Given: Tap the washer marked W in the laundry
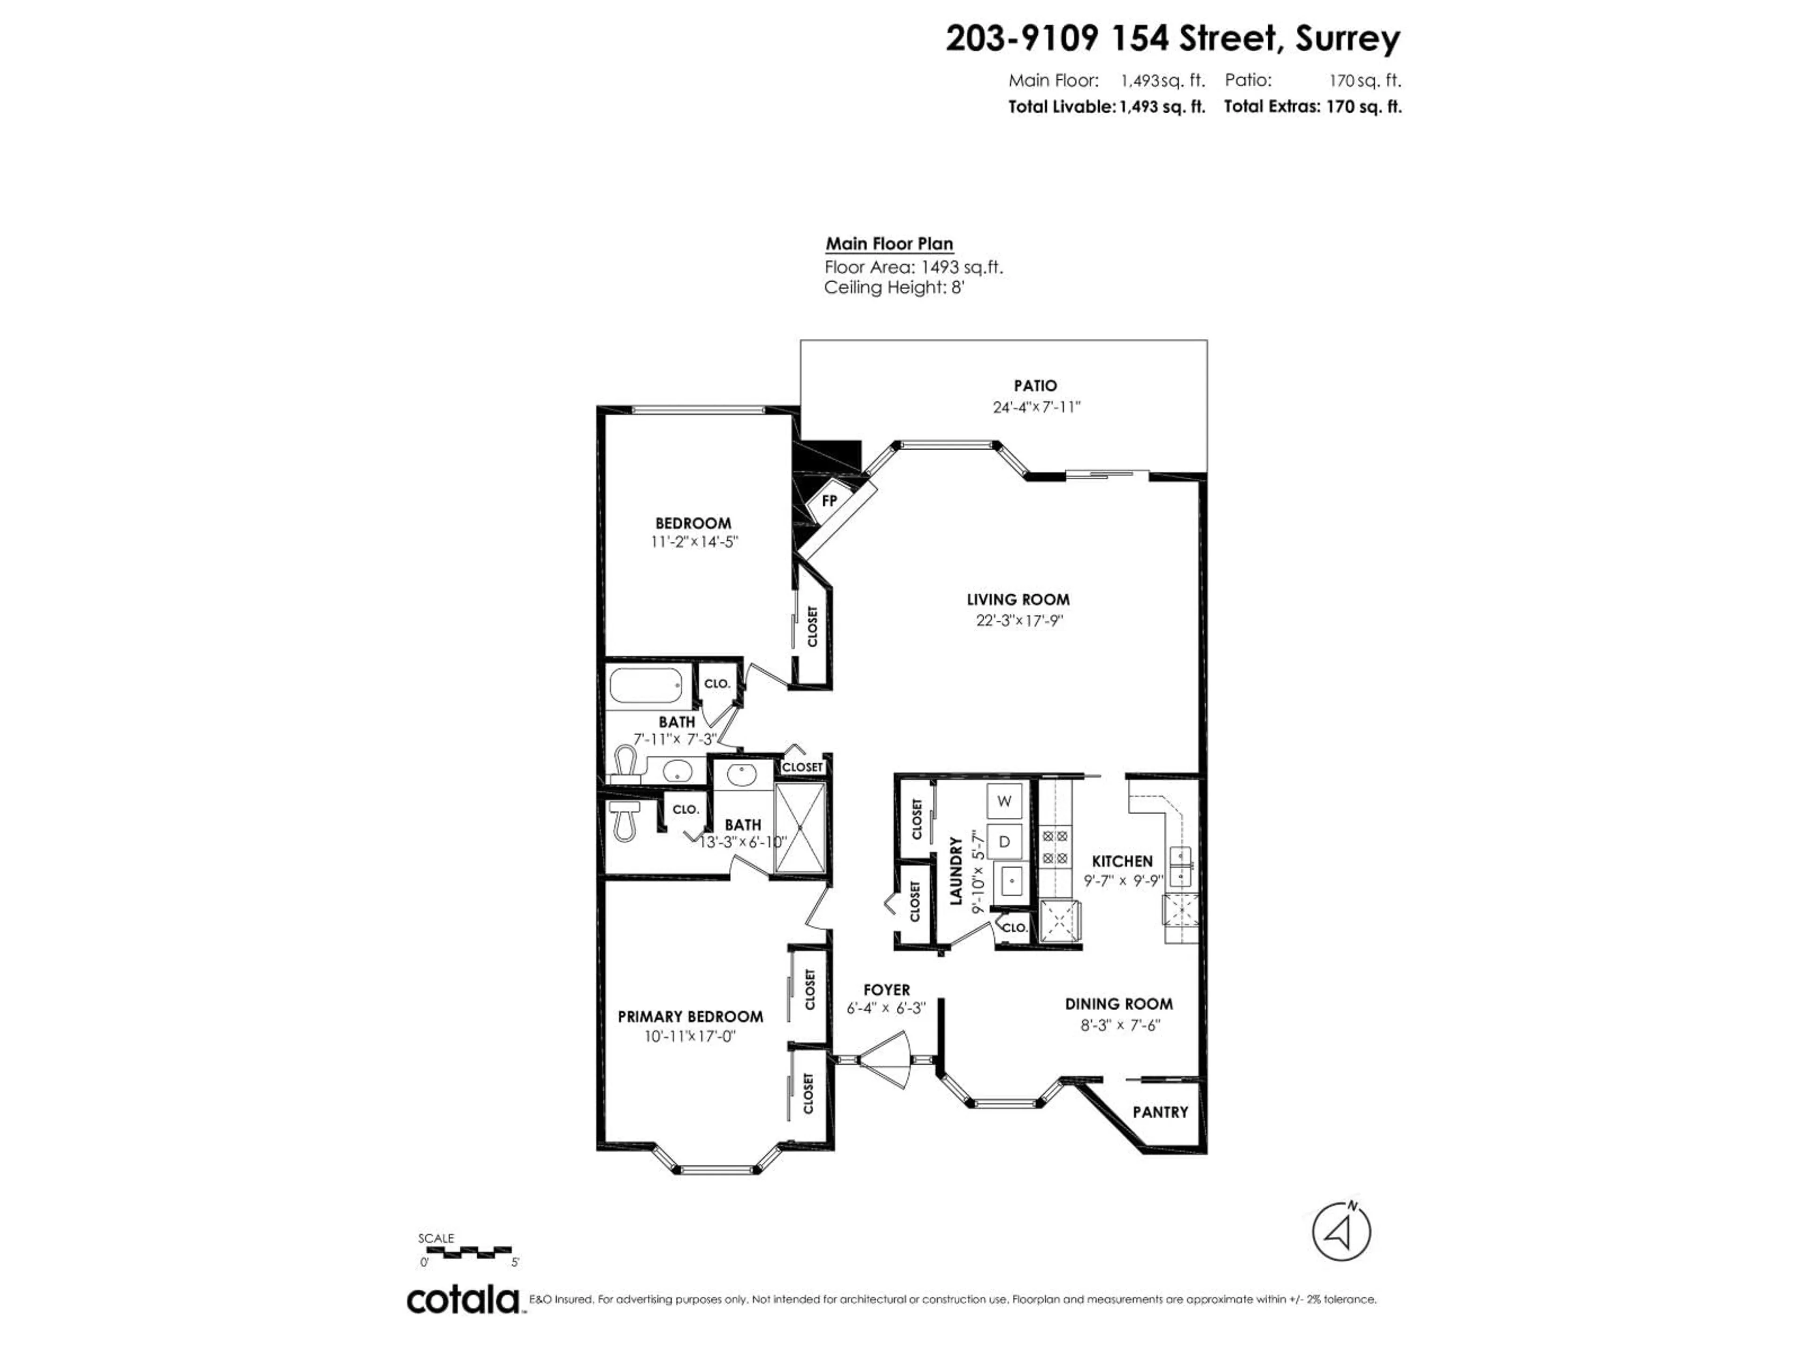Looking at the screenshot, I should click(1004, 801).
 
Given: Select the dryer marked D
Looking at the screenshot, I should click(1004, 841).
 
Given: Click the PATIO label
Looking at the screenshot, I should click(1035, 385).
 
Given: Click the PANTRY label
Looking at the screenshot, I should click(1160, 1112).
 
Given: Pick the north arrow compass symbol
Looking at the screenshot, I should click(1341, 1254).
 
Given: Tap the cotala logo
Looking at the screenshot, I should click(463, 1300).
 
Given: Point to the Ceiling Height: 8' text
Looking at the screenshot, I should click(894, 288).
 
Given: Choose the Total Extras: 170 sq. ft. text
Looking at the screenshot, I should click(1312, 107).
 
